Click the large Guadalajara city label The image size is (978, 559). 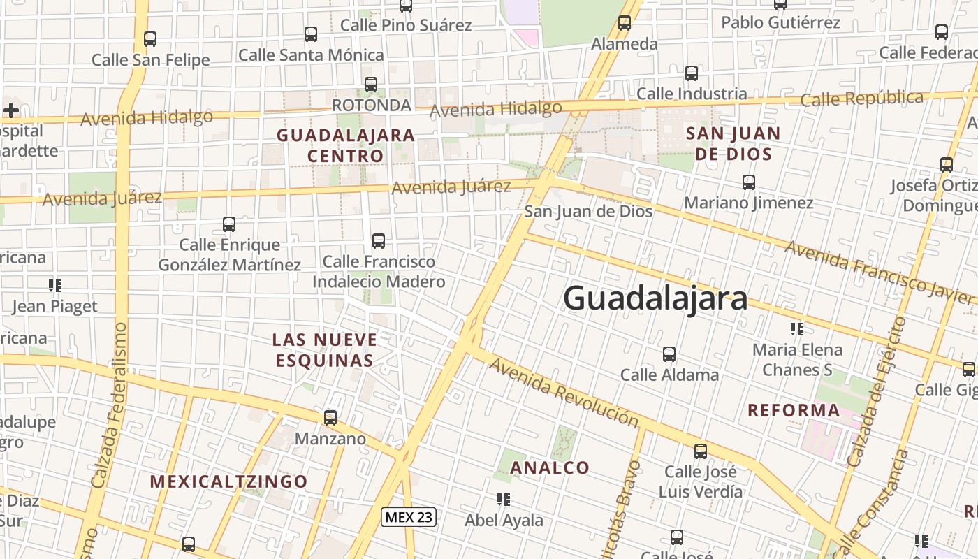pos(655,298)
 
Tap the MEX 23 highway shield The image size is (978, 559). pos(409,517)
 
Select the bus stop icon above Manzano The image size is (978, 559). pos(330,418)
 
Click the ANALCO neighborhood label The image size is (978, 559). pos(550,467)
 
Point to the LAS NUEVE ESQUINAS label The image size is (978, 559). pos(325,350)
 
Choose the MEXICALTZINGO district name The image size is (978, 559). pos(228,481)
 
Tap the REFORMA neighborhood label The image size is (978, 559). pos(794,410)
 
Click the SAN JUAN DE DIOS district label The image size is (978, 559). pos(733,143)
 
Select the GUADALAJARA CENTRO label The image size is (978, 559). pos(346,145)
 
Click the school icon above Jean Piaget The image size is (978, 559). pos(55,285)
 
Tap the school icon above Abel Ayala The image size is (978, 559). pos(503,499)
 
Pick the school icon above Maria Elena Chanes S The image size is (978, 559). pos(796,328)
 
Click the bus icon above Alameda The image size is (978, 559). pos(625,23)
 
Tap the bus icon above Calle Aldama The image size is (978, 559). pos(669,354)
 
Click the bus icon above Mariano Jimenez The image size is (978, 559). pos(749,182)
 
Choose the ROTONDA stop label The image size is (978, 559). pos(371,106)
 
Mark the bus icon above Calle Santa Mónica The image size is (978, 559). pos(311,34)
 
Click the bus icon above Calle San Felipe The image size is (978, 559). pos(150,39)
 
